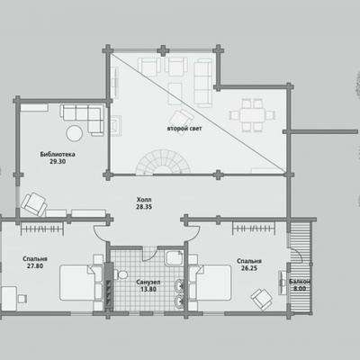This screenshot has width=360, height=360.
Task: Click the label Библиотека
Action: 58,155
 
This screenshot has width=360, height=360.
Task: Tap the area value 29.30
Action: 58,162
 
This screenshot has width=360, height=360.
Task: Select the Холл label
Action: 144,200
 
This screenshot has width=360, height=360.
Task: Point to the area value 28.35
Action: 144,207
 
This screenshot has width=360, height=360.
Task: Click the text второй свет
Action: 184,129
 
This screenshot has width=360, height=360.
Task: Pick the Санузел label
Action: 148,283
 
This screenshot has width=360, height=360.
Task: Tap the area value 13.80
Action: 148,290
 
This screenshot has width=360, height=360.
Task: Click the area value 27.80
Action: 35,265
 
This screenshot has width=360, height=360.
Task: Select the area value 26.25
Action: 249,268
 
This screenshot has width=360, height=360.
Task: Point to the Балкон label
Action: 300,282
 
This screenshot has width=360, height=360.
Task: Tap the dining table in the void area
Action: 252,115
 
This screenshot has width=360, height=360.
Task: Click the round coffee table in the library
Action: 75,133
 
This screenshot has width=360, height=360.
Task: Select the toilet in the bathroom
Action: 121,274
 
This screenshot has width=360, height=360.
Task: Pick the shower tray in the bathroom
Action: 175,258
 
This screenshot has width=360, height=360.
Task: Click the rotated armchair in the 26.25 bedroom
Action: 262,299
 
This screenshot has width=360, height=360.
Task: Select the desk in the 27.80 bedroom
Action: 8,299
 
